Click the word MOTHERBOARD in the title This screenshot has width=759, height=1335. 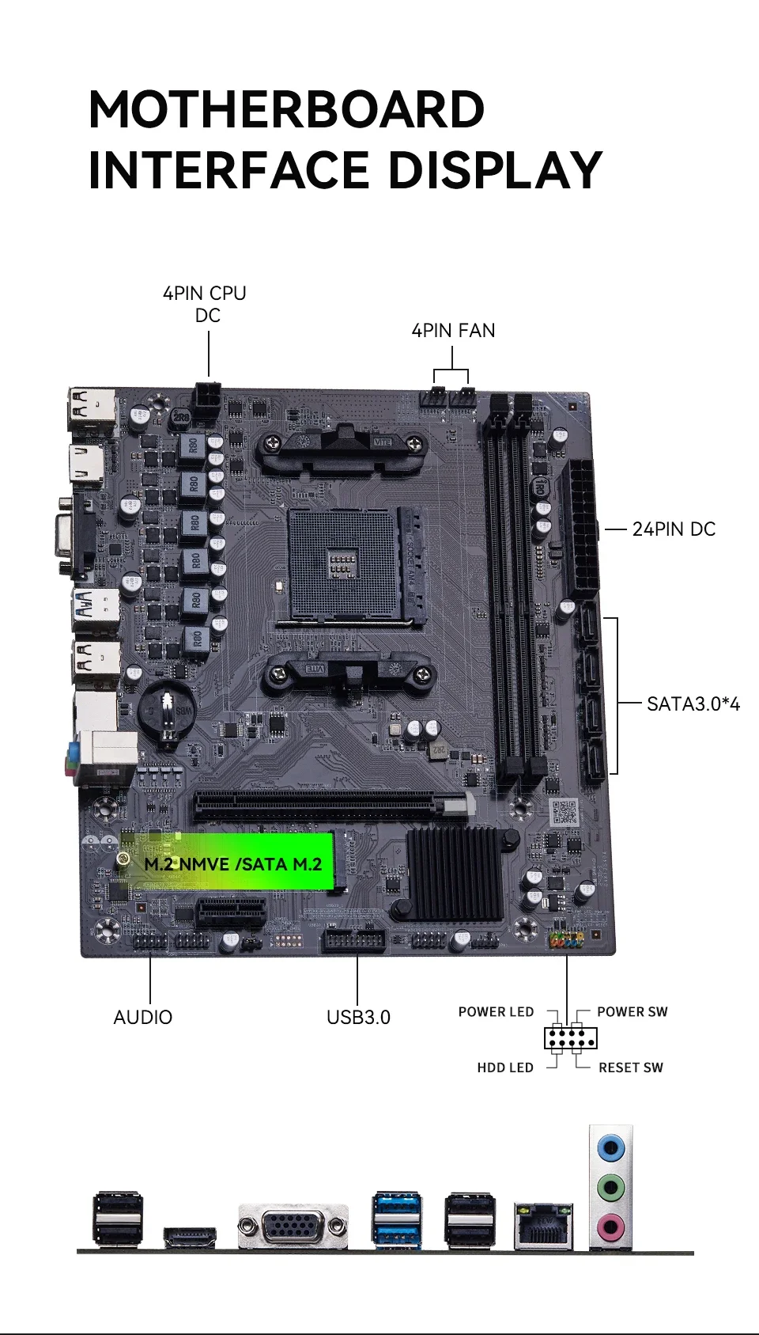286,109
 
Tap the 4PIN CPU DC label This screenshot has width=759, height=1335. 204,304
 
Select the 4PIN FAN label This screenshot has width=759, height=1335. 453,330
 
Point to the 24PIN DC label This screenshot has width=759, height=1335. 674,529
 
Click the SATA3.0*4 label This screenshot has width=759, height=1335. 693,704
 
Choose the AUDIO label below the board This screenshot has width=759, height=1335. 143,1018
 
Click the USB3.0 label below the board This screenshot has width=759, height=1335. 358,1018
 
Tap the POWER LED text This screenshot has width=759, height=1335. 496,1011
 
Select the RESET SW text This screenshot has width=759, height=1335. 630,1068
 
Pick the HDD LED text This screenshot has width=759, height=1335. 504,1068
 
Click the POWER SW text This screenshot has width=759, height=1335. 632,1011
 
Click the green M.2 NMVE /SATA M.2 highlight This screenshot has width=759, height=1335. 226,861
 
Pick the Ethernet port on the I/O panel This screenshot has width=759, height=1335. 543,1225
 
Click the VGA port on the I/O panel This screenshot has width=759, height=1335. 293,1225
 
